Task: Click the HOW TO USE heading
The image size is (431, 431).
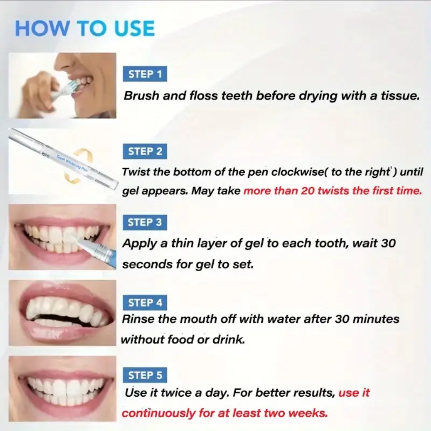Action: click(85, 28)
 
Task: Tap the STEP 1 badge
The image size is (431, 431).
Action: click(145, 74)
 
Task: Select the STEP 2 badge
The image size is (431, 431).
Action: click(145, 152)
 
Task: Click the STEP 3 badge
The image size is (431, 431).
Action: click(145, 223)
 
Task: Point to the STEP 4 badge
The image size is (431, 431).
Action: click(145, 303)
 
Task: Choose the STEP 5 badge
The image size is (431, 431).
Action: click(145, 375)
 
